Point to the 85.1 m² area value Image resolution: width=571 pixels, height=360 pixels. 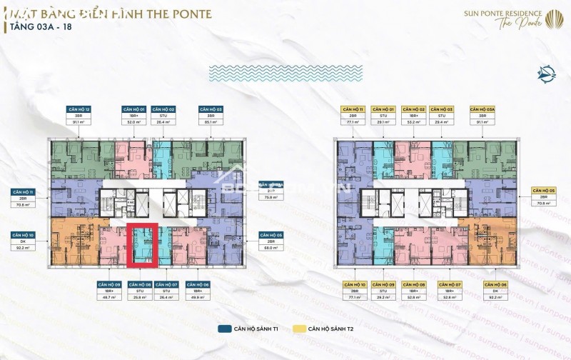click(211, 121)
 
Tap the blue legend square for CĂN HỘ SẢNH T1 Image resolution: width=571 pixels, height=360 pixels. click(222, 330)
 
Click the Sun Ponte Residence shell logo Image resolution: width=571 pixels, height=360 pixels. click(553, 17)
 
